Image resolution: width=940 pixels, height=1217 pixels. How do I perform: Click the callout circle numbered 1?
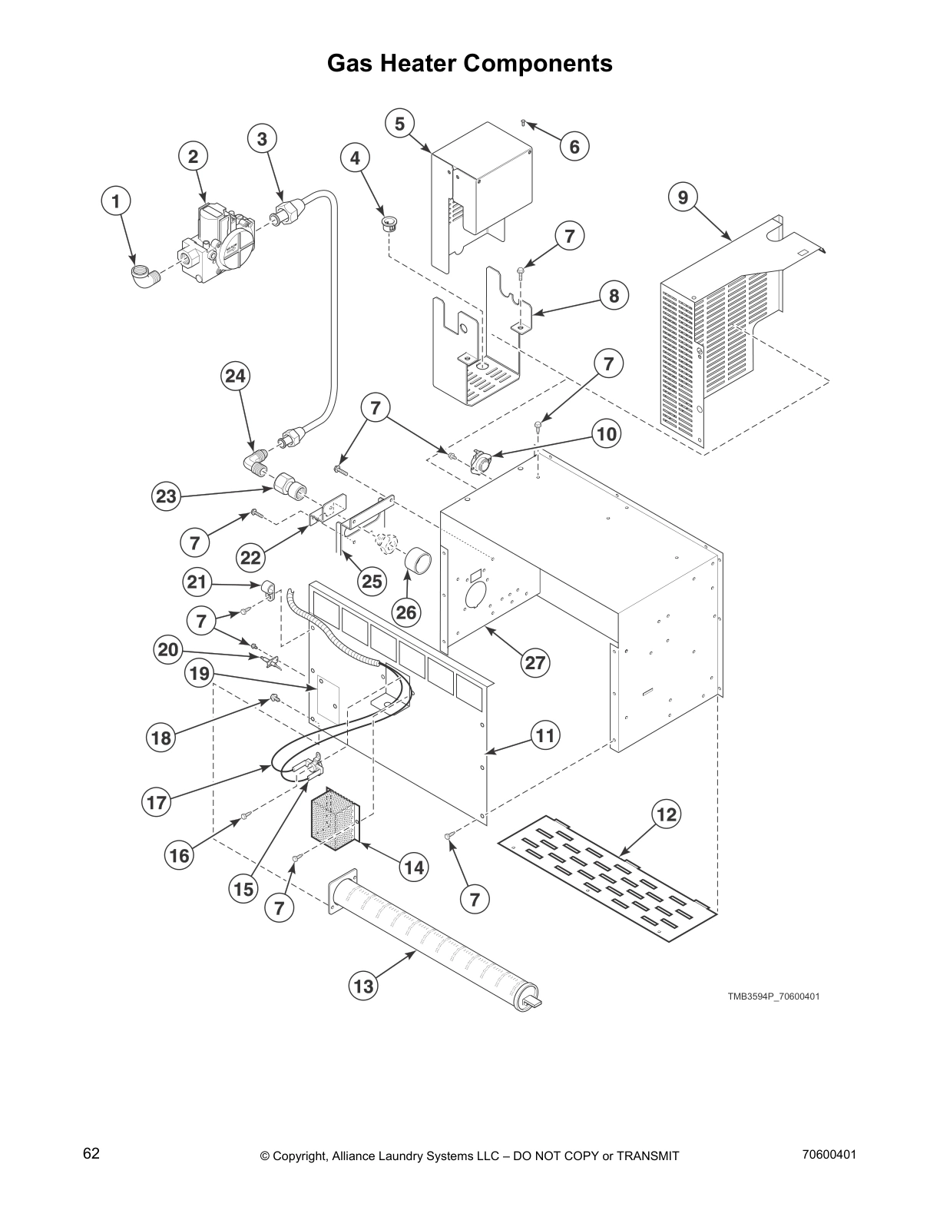pos(116,202)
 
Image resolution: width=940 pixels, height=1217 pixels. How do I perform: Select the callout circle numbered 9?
pos(683,198)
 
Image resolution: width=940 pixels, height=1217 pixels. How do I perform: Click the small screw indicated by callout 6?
pos(522,122)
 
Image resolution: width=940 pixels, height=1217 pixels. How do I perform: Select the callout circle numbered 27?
pos(535,663)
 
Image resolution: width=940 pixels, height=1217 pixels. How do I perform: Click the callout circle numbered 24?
pos(236,376)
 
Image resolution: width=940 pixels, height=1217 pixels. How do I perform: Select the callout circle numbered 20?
pos(167,650)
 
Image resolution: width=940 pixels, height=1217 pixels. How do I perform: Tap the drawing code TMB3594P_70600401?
pos(774,996)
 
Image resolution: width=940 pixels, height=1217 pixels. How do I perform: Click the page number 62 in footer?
pos(91,1154)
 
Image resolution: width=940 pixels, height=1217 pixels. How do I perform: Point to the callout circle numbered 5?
pos(399,124)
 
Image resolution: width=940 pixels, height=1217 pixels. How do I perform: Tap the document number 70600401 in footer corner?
pos(829,1154)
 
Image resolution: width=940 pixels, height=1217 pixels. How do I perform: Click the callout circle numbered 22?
pos(251,557)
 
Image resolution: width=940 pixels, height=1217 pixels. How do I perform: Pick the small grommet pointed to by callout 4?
pos(391,224)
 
